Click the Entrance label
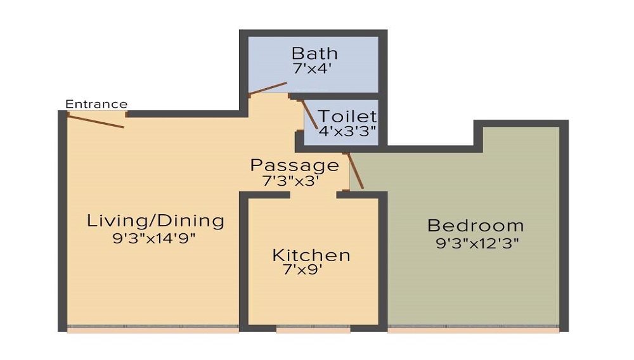[96, 104]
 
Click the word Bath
[314, 53]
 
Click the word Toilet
[347, 117]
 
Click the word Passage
[295, 166]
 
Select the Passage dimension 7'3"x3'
[290, 181]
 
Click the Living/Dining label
[155, 221]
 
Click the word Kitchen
[311, 255]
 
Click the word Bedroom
[475, 225]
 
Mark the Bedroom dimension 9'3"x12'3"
[477, 243]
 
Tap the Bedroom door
[355, 171]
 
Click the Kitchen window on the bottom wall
[313, 330]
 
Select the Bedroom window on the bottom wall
[473, 330]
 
